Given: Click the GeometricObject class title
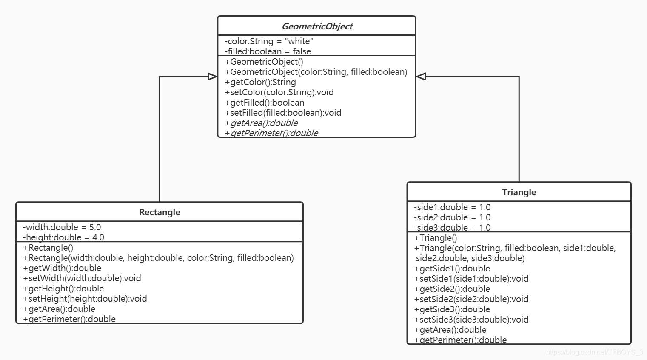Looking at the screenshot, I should pyautogui.click(x=317, y=26).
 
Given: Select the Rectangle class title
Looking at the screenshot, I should pyautogui.click(x=160, y=212).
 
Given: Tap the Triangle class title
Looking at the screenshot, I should pyautogui.click(x=519, y=192).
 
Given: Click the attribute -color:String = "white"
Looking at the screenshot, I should pyautogui.click(x=269, y=41).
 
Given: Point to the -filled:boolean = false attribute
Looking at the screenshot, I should pyautogui.click(x=268, y=51).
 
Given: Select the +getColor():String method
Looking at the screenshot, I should pyautogui.click(x=260, y=82).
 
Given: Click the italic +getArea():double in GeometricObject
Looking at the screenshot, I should pyautogui.click(x=262, y=123).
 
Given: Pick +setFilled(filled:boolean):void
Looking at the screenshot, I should pyautogui.click(x=283, y=113).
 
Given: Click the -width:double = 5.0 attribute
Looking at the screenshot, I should pyautogui.click(x=62, y=227).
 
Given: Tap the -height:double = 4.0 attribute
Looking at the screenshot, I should pyautogui.click(x=63, y=237).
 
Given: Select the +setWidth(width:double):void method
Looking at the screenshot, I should pyautogui.click(x=82, y=278).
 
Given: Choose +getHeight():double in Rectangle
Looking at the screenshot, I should pyautogui.click(x=63, y=289).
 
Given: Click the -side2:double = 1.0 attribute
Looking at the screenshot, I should pyautogui.click(x=452, y=217).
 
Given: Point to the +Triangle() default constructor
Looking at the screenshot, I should pyautogui.click(x=436, y=238).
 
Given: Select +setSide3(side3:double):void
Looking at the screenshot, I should pyautogui.click(x=471, y=320).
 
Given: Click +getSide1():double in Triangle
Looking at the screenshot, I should pyautogui.click(x=452, y=269).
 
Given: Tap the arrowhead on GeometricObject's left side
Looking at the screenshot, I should pyautogui.click(x=212, y=77).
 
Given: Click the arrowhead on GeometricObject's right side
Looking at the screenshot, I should pyautogui.click(x=421, y=77).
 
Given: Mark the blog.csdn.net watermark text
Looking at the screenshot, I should pyautogui.click(x=594, y=352).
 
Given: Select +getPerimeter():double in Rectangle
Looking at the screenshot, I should pyautogui.click(x=69, y=319).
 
